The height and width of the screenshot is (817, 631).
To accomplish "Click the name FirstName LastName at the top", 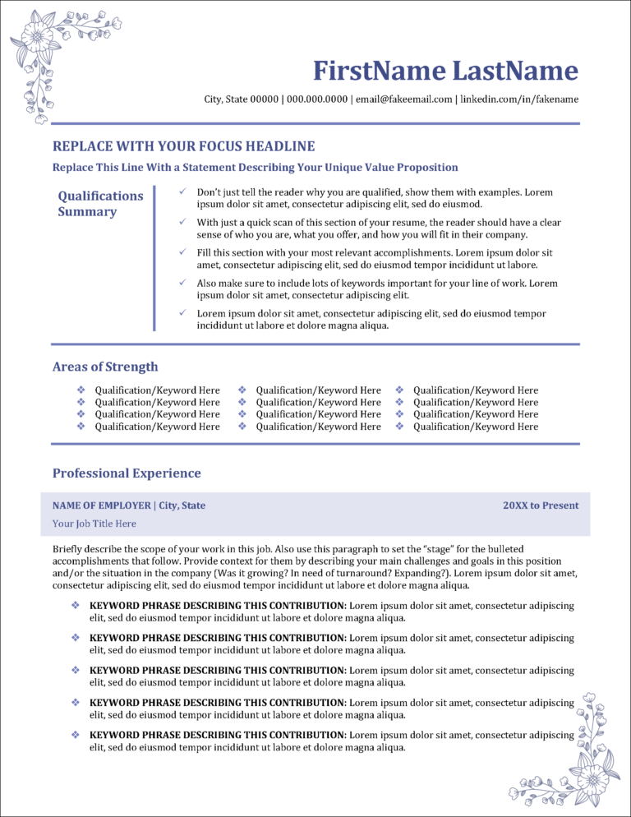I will (x=446, y=71).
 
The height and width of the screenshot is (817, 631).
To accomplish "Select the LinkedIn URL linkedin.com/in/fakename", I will (x=518, y=99).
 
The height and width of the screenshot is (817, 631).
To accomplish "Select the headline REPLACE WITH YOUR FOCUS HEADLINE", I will (x=183, y=146).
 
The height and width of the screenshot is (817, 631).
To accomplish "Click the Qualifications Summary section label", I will (x=100, y=204).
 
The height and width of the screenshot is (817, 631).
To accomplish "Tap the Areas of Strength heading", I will (x=105, y=367).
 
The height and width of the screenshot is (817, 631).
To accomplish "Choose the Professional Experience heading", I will (x=127, y=473).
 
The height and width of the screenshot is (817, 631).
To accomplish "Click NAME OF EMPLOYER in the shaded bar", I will (x=102, y=505).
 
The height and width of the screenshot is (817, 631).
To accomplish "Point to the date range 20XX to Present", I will (x=541, y=505).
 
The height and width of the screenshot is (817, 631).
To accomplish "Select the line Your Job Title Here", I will (x=94, y=524).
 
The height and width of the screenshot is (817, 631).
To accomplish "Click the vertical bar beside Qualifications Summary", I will (x=154, y=258).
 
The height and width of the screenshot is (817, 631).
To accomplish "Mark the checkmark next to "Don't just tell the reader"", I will (x=182, y=192).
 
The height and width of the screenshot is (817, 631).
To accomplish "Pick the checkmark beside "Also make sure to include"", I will (x=182, y=283).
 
